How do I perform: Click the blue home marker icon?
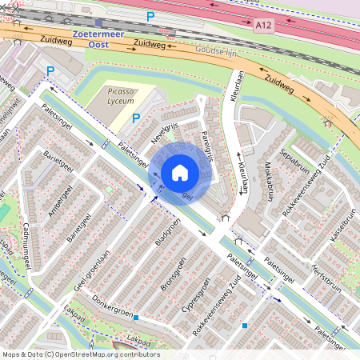click(x=180, y=173)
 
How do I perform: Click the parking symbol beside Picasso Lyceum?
click(x=135, y=118)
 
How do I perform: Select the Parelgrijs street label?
click(x=208, y=145)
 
